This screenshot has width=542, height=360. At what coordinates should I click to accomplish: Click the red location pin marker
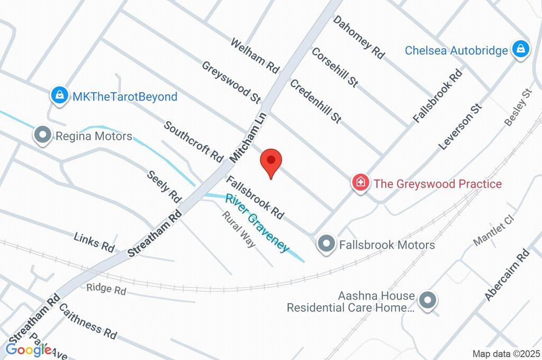coord(271,161)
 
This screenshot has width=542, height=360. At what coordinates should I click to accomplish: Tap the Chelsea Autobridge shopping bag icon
coord(521,50)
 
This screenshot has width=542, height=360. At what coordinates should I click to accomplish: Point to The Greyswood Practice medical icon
coord(360,184)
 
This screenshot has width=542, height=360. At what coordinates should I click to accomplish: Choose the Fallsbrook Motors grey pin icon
coord(326,245)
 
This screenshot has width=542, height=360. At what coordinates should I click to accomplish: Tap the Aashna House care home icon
coord(426,301)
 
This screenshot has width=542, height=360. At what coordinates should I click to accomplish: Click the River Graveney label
coord(257,223)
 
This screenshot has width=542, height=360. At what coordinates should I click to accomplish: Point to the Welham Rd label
coord(255,55)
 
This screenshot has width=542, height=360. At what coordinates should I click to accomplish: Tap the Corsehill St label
coord(335,67)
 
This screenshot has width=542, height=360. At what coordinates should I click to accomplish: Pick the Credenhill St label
coord(315,101)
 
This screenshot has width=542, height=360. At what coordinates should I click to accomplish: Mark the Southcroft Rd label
coord(194,141)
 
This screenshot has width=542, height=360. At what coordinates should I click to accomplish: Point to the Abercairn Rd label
coord(507,275)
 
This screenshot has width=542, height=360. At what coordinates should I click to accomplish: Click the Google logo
coord(29,349)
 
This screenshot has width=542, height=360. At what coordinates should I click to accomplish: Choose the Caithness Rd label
coord(87,321)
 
